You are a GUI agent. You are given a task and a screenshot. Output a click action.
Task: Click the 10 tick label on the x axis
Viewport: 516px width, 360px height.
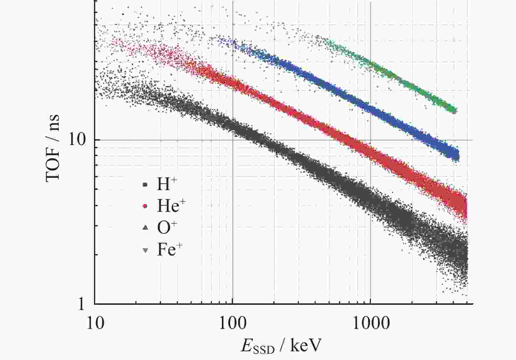[94, 323]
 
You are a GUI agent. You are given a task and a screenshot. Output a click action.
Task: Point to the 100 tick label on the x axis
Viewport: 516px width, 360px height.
[232, 323]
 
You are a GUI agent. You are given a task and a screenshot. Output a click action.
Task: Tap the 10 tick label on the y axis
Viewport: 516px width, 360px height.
[77, 140]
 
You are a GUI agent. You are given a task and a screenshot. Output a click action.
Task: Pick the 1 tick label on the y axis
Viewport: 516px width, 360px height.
[81, 304]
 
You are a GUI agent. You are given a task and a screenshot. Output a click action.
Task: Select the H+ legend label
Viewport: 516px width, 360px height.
[164, 184]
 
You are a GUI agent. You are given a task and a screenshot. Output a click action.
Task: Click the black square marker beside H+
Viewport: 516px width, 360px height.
[145, 185]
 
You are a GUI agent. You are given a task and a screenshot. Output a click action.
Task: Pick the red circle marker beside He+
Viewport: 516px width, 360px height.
[145, 206]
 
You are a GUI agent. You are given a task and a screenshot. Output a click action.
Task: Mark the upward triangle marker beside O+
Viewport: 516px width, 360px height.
[145, 228]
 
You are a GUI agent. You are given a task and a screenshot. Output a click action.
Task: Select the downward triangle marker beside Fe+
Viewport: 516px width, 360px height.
[145, 250]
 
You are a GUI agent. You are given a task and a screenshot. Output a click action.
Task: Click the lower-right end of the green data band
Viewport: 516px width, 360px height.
[454, 111]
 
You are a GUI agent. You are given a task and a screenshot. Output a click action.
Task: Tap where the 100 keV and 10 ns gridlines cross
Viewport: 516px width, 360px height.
[232, 140]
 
